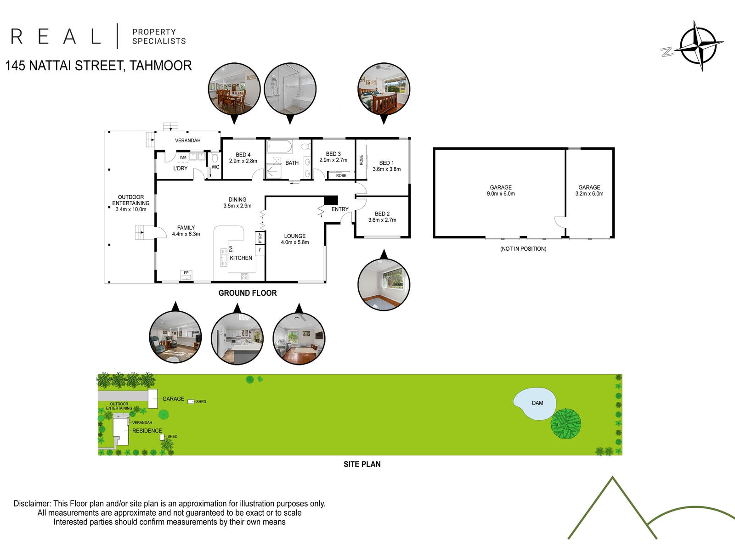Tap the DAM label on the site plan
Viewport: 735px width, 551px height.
coord(537,403)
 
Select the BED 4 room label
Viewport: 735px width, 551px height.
coord(243,155)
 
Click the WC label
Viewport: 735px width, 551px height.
coord(215,167)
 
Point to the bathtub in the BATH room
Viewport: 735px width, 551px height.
coord(280,147)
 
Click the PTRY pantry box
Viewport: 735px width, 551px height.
coord(260,238)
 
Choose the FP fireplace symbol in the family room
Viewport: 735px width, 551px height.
coord(187,275)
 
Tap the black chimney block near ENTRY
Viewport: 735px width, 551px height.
coord(331,200)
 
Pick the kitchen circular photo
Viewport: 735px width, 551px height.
coord(237,338)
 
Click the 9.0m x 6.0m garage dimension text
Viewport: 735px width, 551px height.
coord(501,194)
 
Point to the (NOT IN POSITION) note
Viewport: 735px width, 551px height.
coord(523,249)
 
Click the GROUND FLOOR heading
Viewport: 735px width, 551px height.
coord(248,293)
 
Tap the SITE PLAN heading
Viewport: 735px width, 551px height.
coord(362,464)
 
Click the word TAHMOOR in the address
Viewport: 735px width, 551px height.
coord(160,66)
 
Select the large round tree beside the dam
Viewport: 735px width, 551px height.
coord(566,423)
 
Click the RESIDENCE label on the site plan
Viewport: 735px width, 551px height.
coord(147,431)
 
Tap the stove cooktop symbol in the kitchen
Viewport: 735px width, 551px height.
coord(245,276)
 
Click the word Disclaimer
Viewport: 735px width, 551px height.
coord(32,504)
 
